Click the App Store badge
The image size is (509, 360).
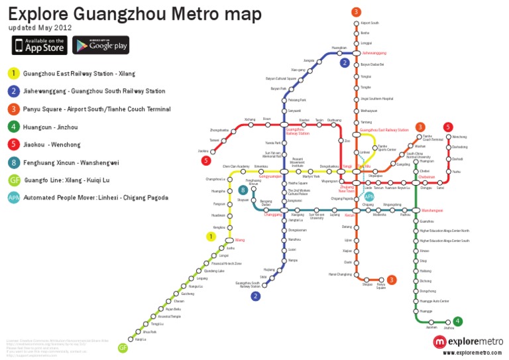pos(39,45)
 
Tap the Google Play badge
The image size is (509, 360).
pos(101,45)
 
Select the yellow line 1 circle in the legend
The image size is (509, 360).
pos(13,73)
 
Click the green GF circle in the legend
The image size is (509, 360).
pos(13,180)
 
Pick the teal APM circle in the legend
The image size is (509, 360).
pos(13,198)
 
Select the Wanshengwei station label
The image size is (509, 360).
pos(433,211)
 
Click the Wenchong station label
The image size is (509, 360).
pos(459,137)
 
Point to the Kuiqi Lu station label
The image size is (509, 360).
pos(140,339)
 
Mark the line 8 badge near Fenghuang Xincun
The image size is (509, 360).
pos(243,190)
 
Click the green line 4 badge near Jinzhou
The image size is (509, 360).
pos(458,321)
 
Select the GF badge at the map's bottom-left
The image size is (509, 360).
pos(123,348)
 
